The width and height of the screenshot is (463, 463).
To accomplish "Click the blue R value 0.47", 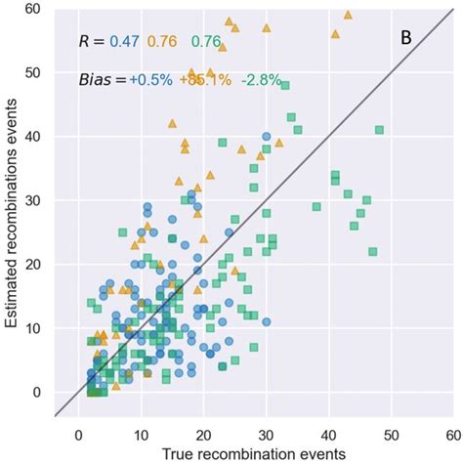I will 124,41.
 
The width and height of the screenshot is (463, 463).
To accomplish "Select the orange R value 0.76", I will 162,41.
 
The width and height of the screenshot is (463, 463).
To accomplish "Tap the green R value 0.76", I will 206,41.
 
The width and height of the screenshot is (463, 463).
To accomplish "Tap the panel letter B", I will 406,38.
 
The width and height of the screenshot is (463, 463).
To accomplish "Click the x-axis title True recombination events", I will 255,453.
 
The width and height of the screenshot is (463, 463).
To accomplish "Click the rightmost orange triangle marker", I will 349,15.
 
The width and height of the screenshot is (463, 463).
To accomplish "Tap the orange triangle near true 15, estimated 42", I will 172,124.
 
